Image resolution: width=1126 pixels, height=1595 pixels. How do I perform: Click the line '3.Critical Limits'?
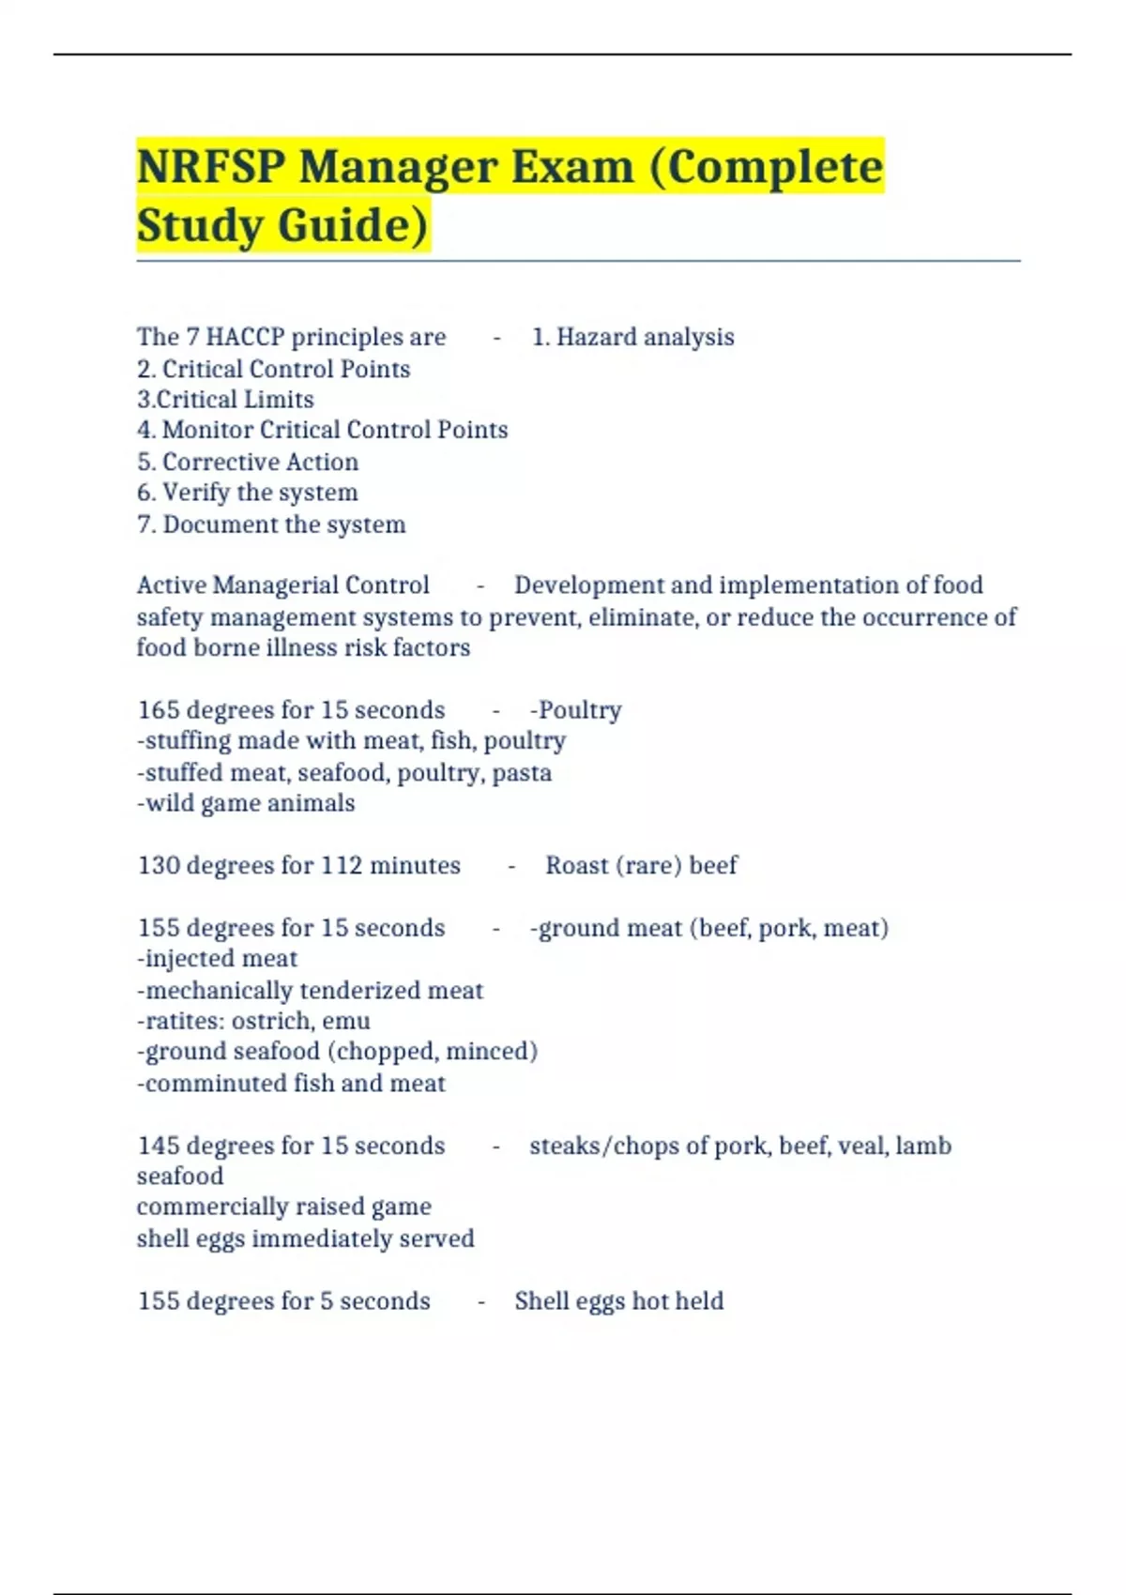pyautogui.click(x=225, y=400)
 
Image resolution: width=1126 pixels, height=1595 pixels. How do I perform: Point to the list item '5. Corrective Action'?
pyautogui.click(x=248, y=462)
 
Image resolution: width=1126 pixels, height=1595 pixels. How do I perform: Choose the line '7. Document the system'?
pyautogui.click(x=271, y=524)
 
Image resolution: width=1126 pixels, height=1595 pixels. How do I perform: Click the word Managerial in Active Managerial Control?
pyautogui.click(x=275, y=585)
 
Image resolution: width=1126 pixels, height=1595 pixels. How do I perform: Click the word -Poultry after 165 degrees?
pyautogui.click(x=575, y=710)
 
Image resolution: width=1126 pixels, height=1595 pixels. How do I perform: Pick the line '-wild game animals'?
pyautogui.click(x=246, y=803)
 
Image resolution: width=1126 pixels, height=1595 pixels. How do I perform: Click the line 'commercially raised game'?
pyautogui.click(x=283, y=1207)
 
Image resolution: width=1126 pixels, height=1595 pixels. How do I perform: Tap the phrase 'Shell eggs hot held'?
pyautogui.click(x=618, y=1301)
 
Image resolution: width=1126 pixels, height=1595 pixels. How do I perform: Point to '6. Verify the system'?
pyautogui.click(x=248, y=493)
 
